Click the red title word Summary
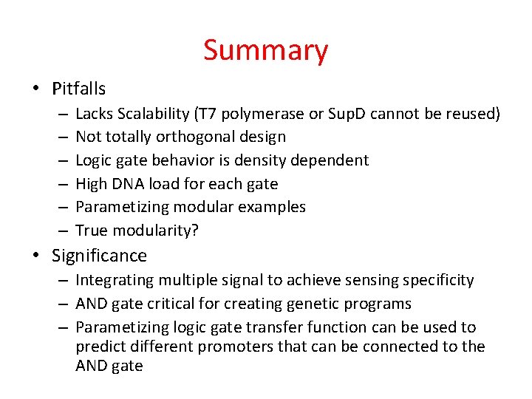[265, 51]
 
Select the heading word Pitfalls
[78, 89]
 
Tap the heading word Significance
[99, 256]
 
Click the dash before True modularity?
[61, 230]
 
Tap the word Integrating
[112, 280]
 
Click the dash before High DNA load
[61, 183]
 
